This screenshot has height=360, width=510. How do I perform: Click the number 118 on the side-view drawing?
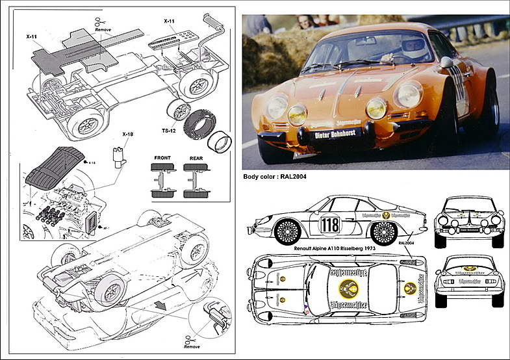point(330,225)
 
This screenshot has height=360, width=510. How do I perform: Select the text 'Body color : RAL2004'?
point(274,176)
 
